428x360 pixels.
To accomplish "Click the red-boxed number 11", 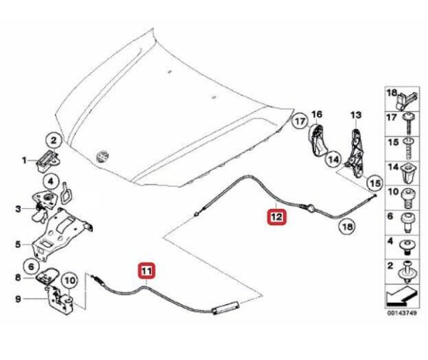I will [x=146, y=272].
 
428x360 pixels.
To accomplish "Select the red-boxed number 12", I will [x=276, y=214].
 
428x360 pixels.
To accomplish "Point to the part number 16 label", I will [x=317, y=114].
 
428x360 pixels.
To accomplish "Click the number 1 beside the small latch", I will [x=24, y=160].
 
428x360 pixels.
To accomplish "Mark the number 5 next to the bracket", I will [x=18, y=245].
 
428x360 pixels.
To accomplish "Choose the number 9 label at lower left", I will [x=18, y=299].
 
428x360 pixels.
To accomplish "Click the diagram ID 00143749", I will [x=402, y=313].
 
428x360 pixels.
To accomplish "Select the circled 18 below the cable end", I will [x=345, y=227].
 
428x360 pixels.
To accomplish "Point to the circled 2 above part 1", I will [x=56, y=140].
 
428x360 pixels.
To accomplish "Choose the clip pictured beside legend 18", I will [x=410, y=100].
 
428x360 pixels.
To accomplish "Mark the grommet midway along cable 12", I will [x=310, y=207].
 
